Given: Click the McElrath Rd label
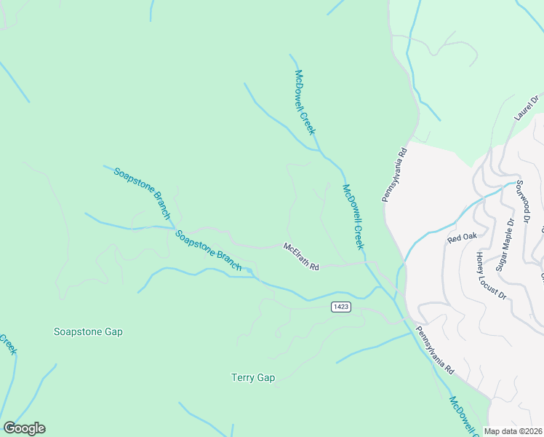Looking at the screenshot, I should tap(301, 257).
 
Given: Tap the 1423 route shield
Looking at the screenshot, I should tap(340, 307).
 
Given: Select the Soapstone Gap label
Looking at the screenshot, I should tap(88, 331).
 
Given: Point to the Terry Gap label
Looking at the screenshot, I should tap(253, 377).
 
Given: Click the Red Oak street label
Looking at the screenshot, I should tap(461, 238).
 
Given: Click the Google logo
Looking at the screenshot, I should tap(24, 428).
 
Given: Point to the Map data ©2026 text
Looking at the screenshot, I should tap(513, 431).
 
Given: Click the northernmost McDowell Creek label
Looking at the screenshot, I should tap(305, 102).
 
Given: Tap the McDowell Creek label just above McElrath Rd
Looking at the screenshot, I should tap(353, 217).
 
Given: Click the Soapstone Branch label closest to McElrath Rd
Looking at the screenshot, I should tap(208, 251).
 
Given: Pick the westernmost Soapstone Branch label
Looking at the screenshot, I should tap(142, 193).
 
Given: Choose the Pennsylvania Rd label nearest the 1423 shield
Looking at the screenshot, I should tap(435, 350).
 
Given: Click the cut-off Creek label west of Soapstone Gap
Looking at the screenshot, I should tap(8, 344).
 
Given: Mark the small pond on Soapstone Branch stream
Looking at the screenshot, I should tap(249, 272).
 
